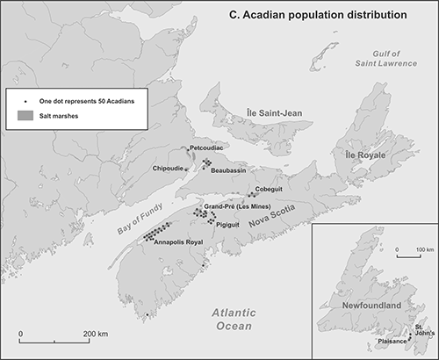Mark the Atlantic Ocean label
click(x=227, y=320)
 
